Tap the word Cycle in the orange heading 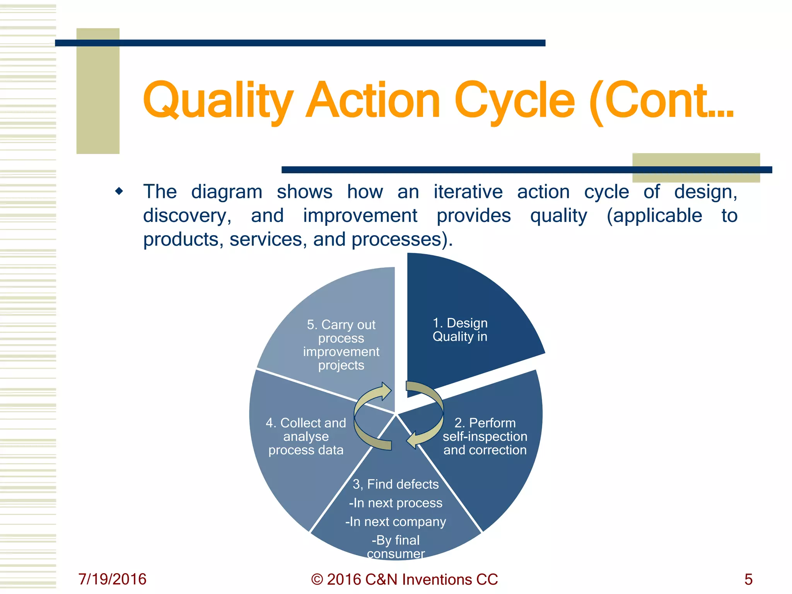(514, 101)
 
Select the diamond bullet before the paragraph (119, 191)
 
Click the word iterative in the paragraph (468, 192)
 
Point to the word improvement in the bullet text (360, 216)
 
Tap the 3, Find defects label (396, 484)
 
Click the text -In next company (396, 522)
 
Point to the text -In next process (396, 503)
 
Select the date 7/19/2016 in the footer (112, 579)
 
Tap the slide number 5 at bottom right (748, 579)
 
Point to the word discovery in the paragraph (187, 216)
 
